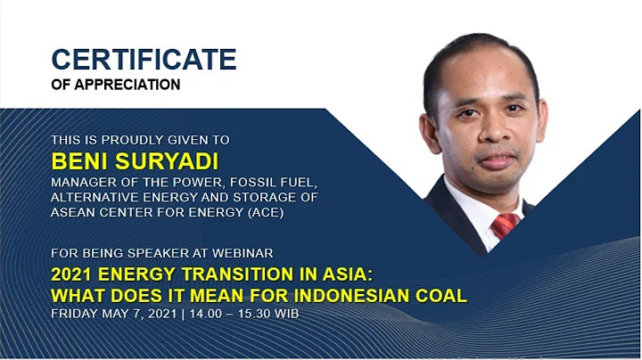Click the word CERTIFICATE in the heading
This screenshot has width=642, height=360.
[x=144, y=60]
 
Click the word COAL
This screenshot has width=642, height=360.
[x=441, y=296]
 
